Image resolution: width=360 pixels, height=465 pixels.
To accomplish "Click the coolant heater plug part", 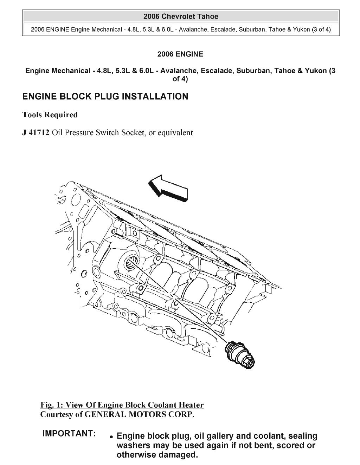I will tap(241, 355).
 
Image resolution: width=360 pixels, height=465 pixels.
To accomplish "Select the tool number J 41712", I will tap(36, 133).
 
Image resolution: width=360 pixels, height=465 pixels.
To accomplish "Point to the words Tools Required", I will tap(50, 115).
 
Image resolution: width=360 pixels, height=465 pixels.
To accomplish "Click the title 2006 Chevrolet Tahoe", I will tap(181, 17).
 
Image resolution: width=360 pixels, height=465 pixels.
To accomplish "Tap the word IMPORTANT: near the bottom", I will tap(69, 434).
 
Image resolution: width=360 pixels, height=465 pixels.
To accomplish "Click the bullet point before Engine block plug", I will tap(111, 437).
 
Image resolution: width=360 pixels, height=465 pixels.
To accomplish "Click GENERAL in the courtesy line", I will tap(105, 414).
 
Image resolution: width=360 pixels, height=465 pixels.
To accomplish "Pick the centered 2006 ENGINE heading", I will tap(180, 54).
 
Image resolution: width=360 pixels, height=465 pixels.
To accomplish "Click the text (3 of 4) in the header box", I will tap(321, 30).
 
